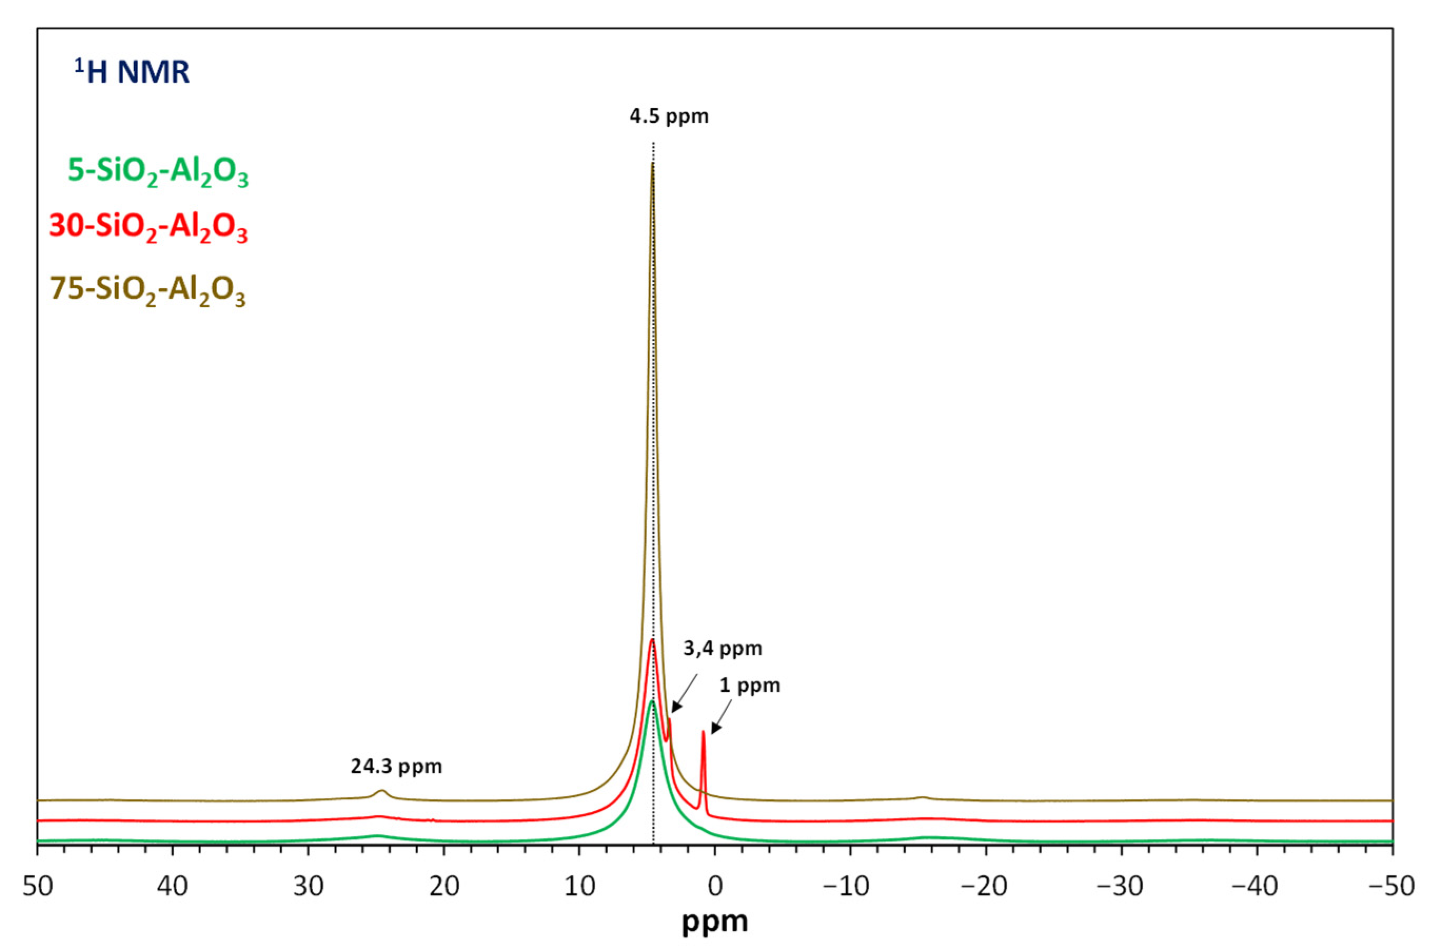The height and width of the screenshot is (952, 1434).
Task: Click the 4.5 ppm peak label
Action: tap(668, 115)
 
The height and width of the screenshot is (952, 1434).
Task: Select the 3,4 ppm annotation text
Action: tap(722, 649)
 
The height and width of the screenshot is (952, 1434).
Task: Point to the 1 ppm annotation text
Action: tap(749, 685)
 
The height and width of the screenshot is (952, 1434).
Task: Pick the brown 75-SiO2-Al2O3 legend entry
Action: tap(148, 290)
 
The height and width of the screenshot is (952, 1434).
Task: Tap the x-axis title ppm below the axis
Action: tap(715, 921)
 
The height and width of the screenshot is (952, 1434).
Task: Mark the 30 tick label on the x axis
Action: tap(308, 887)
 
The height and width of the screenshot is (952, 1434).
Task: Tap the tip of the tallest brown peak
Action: tap(652, 164)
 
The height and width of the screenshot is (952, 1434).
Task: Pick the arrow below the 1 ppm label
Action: tap(721, 717)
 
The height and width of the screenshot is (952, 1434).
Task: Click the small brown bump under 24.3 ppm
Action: tap(382, 792)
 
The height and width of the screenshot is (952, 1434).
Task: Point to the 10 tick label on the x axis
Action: tap(579, 887)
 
